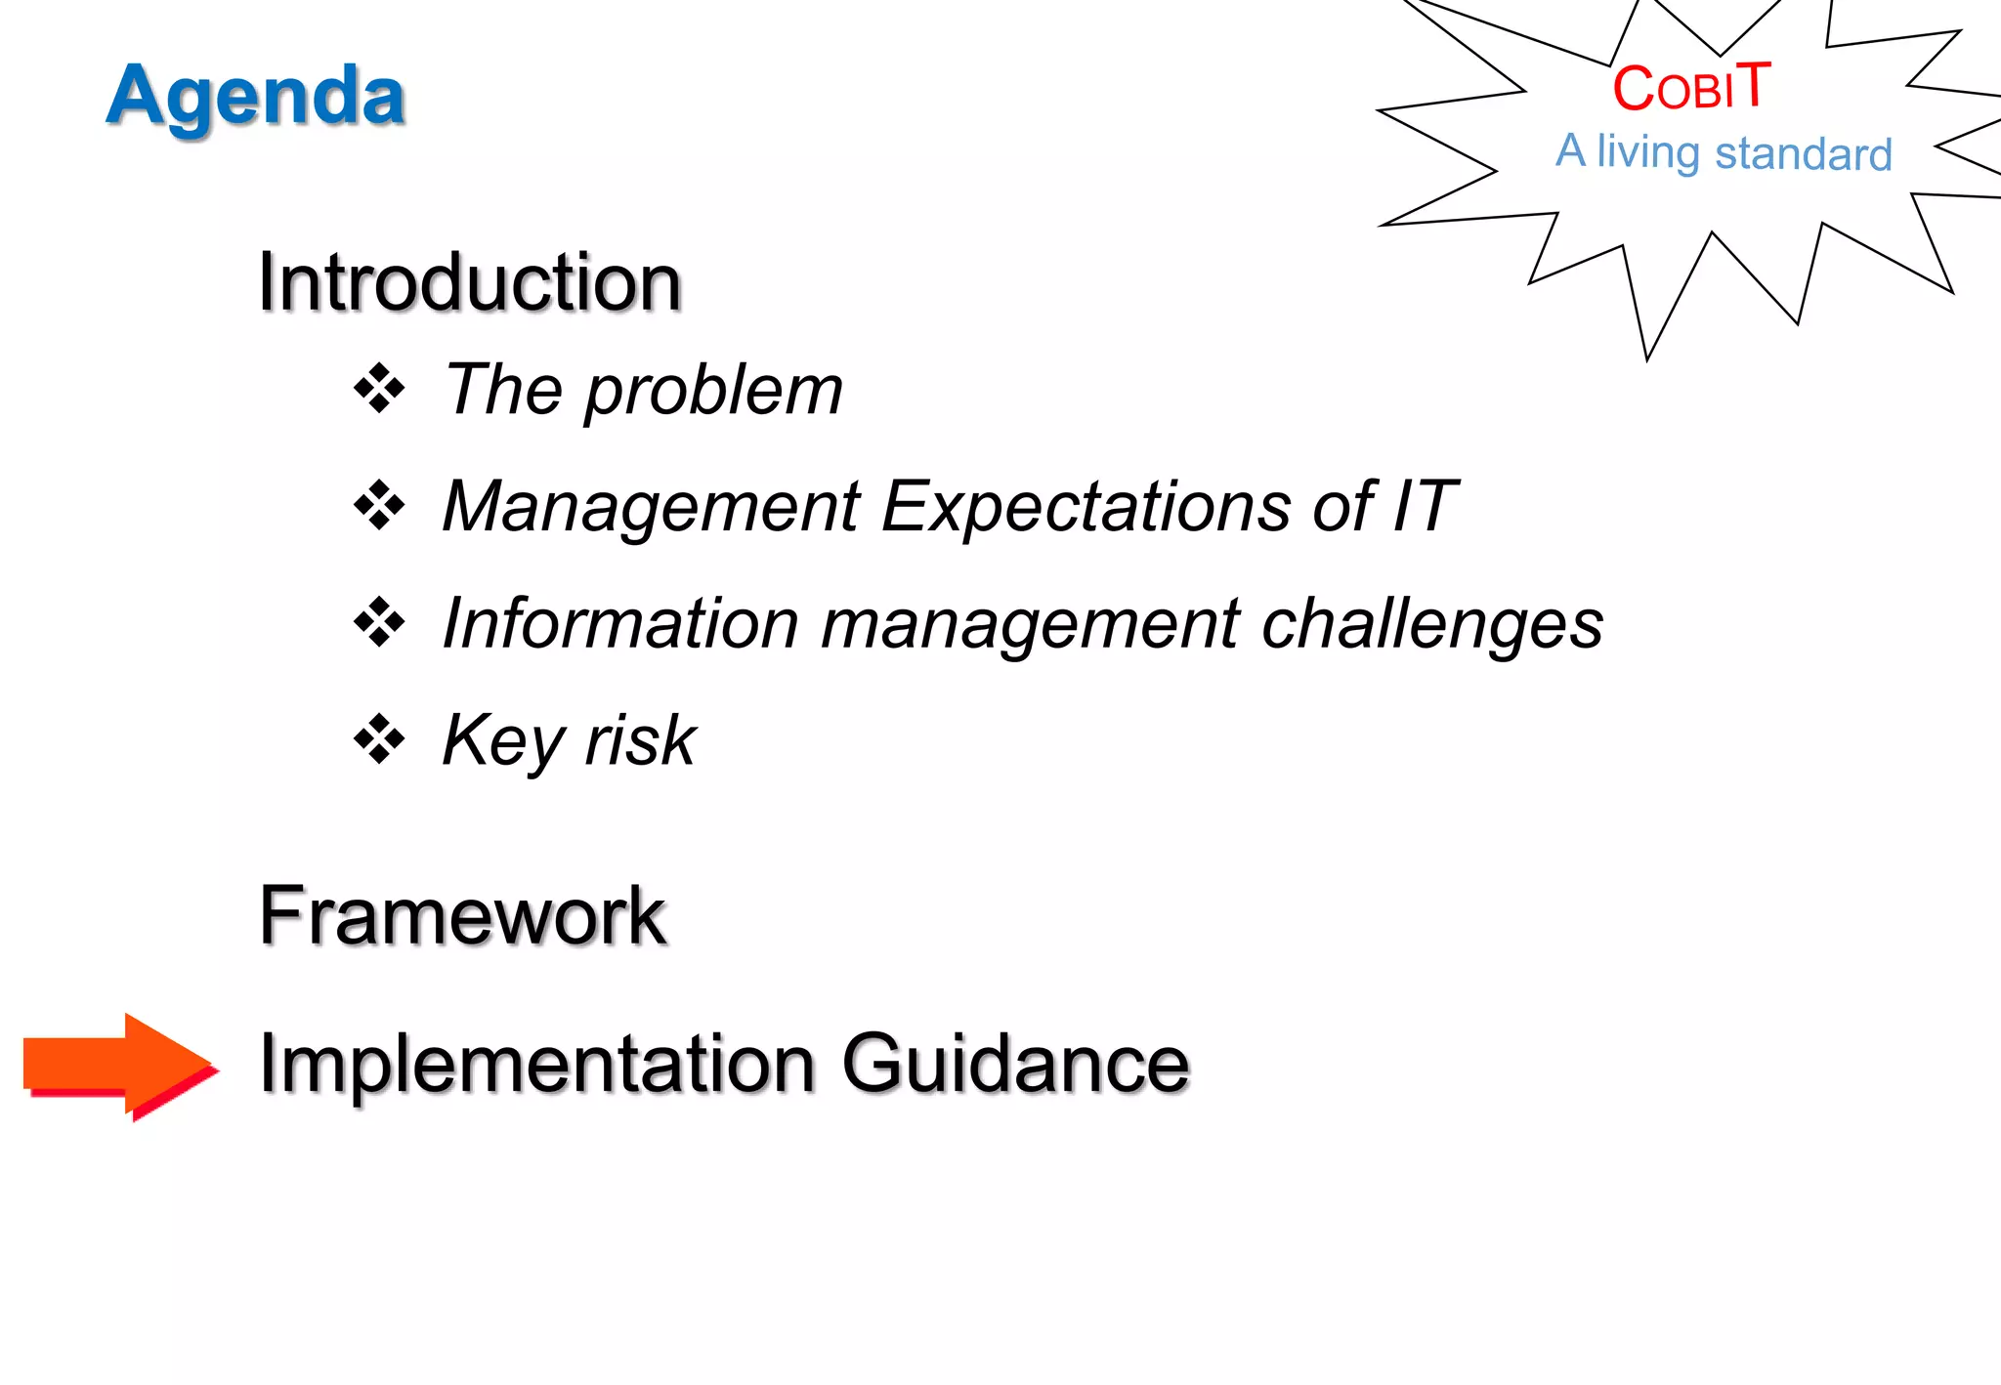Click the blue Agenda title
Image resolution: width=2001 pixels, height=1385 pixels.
pyautogui.click(x=255, y=96)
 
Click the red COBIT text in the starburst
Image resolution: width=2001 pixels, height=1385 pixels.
pyautogui.click(x=1690, y=87)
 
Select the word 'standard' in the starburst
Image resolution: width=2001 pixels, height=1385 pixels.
pyautogui.click(x=1804, y=154)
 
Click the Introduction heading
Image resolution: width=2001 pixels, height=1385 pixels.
pyautogui.click(x=469, y=282)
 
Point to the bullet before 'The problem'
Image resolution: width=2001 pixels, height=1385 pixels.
pyautogui.click(x=379, y=389)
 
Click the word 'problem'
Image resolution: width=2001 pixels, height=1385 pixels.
pyautogui.click(x=713, y=391)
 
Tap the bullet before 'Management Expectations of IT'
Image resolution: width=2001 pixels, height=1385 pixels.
pyautogui.click(x=379, y=506)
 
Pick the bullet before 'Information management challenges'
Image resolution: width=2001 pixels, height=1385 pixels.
pyautogui.click(x=379, y=622)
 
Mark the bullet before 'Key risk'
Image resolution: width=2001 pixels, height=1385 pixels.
pyautogui.click(x=379, y=739)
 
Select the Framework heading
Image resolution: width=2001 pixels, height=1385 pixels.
pyautogui.click(x=462, y=915)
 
